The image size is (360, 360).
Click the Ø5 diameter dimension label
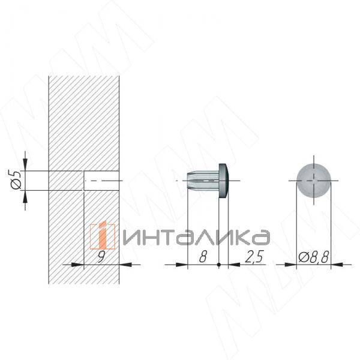[x=16, y=179]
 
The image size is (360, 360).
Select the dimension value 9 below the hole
[x=101, y=256]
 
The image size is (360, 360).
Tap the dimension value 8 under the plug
[x=203, y=256]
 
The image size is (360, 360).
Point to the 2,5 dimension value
[x=254, y=256]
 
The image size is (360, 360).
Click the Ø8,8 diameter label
[x=314, y=257]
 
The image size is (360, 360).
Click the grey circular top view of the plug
[x=314, y=181]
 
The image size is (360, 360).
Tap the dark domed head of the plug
[x=224, y=181]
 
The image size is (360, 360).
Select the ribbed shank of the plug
[x=203, y=181]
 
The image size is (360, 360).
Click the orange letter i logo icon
[x=103, y=235]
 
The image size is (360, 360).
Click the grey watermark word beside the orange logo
[x=196, y=237]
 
